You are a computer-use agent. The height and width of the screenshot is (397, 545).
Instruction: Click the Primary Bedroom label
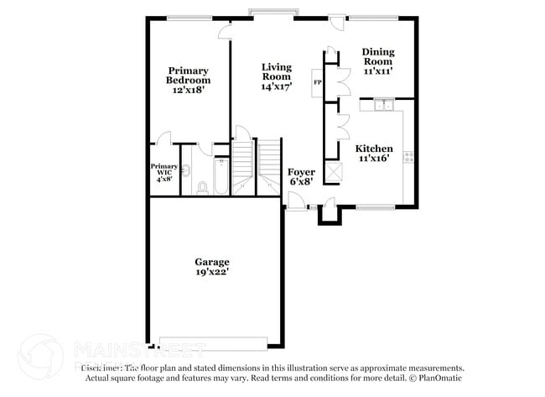click(x=187, y=80)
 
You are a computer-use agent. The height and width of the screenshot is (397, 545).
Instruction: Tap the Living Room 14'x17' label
click(x=276, y=76)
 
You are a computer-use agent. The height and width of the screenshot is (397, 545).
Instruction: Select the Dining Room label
click(x=377, y=61)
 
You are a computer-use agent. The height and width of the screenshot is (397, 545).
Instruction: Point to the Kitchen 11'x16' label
click(x=376, y=153)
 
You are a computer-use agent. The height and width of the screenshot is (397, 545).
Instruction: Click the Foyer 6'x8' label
click(x=301, y=177)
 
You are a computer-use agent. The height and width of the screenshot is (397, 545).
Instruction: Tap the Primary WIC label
click(x=164, y=171)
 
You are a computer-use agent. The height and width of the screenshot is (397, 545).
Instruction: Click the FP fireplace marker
click(x=318, y=82)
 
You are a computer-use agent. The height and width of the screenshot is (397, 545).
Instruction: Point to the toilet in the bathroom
click(x=202, y=187)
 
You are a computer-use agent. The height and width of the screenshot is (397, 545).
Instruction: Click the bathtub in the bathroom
click(x=220, y=176)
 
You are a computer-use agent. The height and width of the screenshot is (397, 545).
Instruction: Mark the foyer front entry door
click(x=295, y=201)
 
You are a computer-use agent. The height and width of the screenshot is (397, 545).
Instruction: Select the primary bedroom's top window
click(x=189, y=17)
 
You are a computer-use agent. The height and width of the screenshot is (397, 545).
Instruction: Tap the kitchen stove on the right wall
click(x=408, y=155)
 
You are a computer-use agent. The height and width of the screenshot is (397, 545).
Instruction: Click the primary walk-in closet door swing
click(x=164, y=138)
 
